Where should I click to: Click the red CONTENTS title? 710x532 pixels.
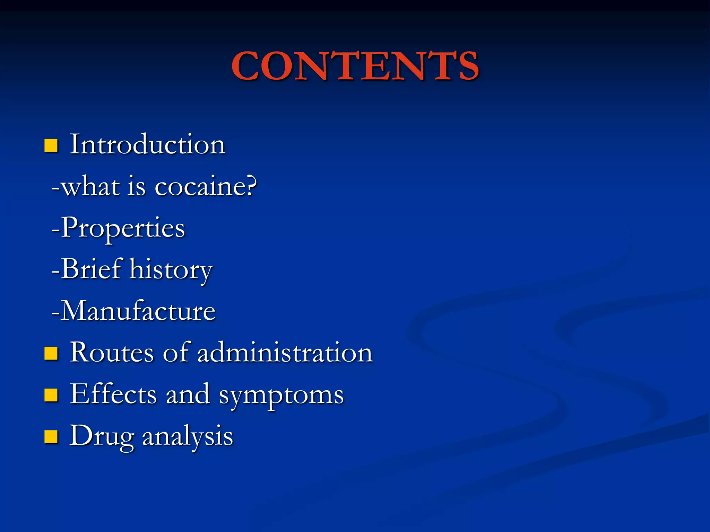355,66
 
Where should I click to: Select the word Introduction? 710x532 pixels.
148,144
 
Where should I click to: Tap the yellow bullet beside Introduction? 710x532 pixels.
51,145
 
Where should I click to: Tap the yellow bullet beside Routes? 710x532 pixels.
51,354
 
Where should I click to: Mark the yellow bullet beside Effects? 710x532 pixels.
51,395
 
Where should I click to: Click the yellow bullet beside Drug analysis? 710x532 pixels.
51,437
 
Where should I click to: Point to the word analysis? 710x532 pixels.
188,436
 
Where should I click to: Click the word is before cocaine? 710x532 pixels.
137,186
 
